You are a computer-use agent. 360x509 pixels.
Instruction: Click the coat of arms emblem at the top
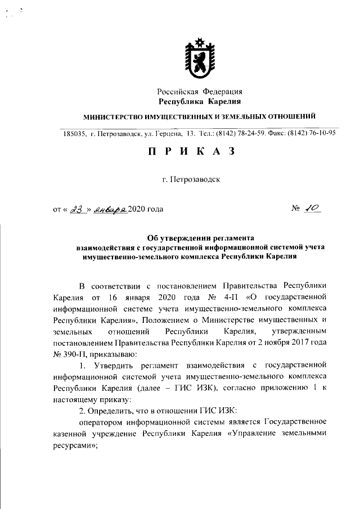pos(200,58)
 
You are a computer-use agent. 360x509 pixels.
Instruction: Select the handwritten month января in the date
pos(111,209)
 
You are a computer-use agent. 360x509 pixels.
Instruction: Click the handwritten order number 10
pos(311,209)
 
